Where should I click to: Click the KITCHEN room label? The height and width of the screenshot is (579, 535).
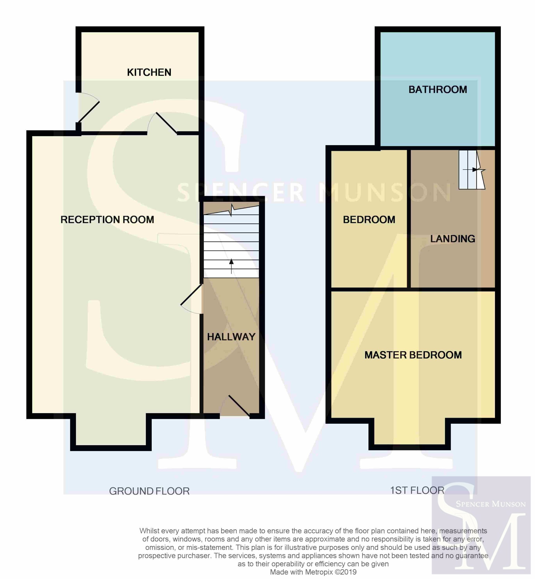(149, 72)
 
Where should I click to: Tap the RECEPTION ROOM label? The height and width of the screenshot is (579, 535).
(107, 220)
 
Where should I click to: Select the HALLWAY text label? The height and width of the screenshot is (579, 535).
(231, 337)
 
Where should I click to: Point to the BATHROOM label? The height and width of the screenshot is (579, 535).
(438, 90)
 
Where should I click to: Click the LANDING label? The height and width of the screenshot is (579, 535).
(453, 239)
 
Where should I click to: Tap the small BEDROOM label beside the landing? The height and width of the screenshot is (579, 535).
(369, 220)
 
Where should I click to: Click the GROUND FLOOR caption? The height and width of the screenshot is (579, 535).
(149, 491)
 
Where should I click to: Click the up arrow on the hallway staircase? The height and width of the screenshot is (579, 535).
(231, 266)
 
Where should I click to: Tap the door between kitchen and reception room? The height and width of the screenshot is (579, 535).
(162, 123)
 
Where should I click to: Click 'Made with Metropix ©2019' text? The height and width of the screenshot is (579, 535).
(313, 572)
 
